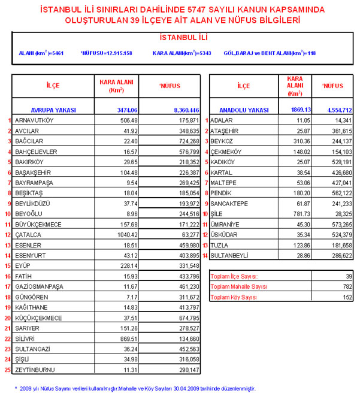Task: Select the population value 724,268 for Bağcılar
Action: (x=186, y=141)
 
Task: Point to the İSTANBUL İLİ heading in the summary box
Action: (x=180, y=38)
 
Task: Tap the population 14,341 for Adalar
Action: (x=340, y=120)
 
